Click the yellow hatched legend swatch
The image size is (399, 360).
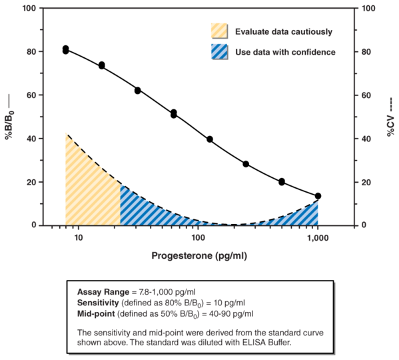click(x=219, y=31)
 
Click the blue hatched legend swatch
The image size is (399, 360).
click(x=219, y=51)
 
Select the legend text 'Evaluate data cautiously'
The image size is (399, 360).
click(x=283, y=31)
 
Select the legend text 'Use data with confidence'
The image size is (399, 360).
click(x=284, y=51)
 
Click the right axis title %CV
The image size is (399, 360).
click(x=390, y=117)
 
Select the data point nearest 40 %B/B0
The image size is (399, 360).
click(x=210, y=139)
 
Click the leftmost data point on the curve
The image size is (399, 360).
click(x=66, y=49)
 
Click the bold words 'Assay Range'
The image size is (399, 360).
click(x=101, y=292)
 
